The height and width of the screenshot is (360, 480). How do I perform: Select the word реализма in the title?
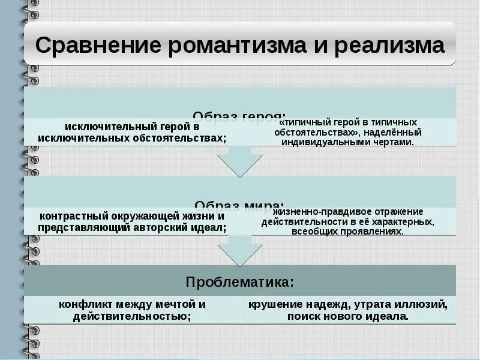coord(391,46)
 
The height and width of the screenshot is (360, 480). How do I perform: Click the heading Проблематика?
coord(240,281)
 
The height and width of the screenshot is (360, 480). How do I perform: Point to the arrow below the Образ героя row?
coord(240,161)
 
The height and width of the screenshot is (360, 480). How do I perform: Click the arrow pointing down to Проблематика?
coord(240,251)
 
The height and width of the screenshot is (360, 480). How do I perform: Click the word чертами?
coord(393,142)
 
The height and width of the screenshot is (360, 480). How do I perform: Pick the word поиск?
coord(302,316)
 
